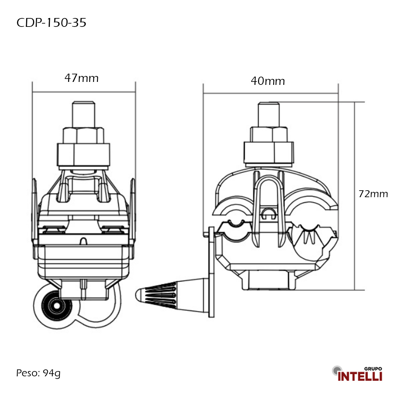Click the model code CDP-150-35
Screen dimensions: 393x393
tap(51, 23)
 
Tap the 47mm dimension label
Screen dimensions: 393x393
tap(82, 78)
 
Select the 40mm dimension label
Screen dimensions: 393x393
tap(268, 81)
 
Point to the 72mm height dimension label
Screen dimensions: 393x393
tap(373, 194)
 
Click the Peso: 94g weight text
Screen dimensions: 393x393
tap(38, 373)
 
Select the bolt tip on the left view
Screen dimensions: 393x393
tap(84, 113)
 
